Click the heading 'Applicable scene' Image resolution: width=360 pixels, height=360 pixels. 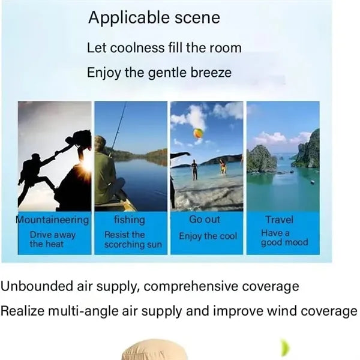154,17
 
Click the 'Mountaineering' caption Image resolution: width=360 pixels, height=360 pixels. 52,220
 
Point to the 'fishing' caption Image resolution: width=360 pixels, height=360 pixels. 130,220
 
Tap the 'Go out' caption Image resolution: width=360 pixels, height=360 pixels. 205,219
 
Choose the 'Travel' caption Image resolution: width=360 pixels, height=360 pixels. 279,220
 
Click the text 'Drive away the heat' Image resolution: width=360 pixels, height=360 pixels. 53,239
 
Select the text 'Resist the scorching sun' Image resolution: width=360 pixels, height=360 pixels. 133,239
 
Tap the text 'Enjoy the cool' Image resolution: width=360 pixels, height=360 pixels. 208,236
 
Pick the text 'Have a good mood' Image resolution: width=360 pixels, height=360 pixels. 284,238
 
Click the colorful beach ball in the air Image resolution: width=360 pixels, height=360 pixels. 198,133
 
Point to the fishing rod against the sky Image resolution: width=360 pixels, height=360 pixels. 119,127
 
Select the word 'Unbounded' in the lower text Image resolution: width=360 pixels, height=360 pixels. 37,286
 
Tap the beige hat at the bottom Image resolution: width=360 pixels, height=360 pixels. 155,349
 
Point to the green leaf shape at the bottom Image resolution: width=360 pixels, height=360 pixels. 286,348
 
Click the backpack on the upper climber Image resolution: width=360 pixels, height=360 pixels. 82,137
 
